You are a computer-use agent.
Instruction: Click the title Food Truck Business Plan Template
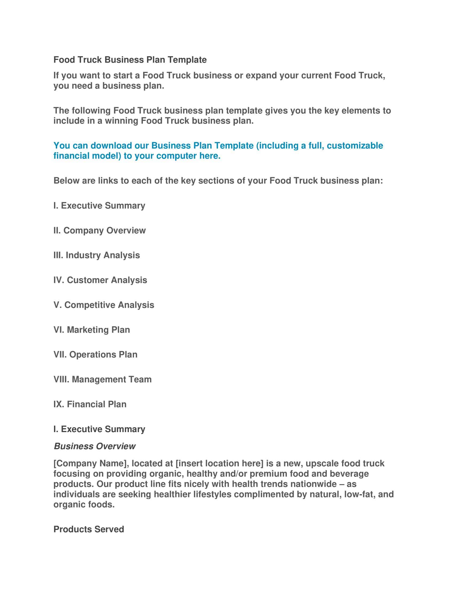[130, 60]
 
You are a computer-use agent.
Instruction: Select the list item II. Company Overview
[100, 230]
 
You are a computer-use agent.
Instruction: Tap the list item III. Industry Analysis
[97, 255]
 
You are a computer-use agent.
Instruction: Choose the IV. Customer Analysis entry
[100, 280]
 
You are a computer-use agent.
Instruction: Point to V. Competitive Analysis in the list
[104, 305]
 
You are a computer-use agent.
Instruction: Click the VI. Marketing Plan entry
[92, 330]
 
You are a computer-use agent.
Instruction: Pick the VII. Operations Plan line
[95, 354]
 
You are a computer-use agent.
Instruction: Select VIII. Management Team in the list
[103, 379]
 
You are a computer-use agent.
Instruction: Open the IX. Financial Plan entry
[90, 404]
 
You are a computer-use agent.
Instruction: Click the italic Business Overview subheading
[95, 446]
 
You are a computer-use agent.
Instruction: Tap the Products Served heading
[89, 529]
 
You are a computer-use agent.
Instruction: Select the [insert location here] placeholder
[219, 463]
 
